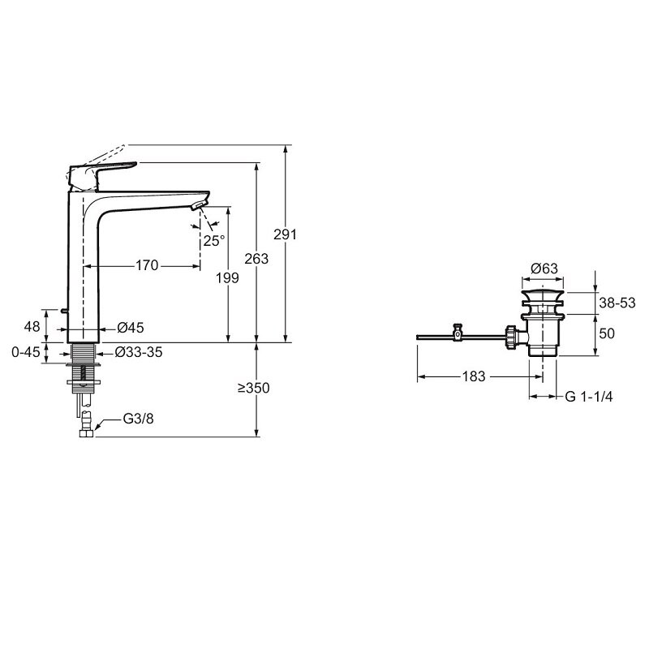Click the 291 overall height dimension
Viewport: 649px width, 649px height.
[x=286, y=234]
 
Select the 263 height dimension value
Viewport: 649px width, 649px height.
[x=256, y=259]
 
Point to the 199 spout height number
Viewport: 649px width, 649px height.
[x=227, y=277]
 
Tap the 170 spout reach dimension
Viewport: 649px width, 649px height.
[x=147, y=265]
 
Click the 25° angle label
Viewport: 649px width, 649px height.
[x=214, y=240]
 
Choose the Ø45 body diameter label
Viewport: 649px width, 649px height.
[x=131, y=328]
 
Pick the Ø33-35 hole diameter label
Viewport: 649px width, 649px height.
[x=139, y=352]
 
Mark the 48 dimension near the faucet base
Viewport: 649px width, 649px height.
[x=32, y=327]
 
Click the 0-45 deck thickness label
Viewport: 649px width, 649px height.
[x=26, y=352]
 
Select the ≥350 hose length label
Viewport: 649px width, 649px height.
[x=254, y=388]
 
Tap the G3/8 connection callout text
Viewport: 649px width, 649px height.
[x=138, y=419]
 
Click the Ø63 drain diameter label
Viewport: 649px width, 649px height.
[x=544, y=269]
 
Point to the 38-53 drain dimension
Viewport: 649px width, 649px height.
[x=617, y=303]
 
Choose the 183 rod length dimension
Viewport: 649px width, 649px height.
[x=474, y=376]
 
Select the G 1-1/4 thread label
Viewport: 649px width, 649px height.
[x=589, y=397]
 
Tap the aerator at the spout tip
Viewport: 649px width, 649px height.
[x=199, y=205]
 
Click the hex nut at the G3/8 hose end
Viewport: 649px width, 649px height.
[x=87, y=433]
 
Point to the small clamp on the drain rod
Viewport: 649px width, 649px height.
[x=458, y=332]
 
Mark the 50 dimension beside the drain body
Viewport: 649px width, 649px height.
[x=607, y=333]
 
